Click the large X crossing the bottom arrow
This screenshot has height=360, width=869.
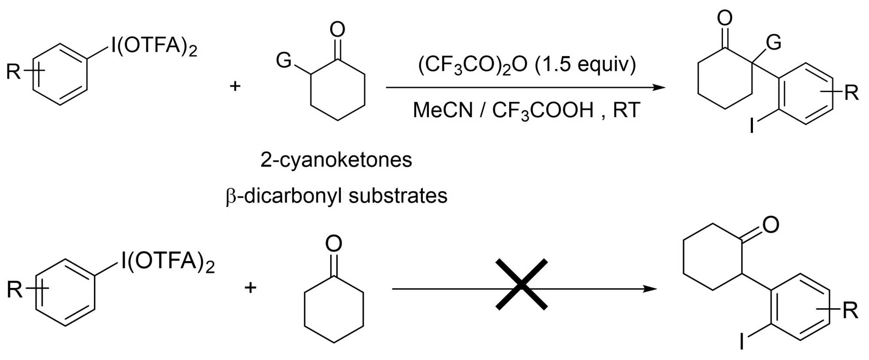pos(521,284)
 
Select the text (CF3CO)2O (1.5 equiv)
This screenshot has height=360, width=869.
pos(527,65)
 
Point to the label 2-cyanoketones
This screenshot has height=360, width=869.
pos(336,160)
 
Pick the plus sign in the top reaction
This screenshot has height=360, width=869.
pos(235,86)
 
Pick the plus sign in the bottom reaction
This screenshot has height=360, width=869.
pos(250,287)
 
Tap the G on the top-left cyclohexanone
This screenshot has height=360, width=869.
pos(283,60)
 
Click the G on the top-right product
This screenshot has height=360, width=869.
pos(773,43)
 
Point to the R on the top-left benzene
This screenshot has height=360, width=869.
pos(13,72)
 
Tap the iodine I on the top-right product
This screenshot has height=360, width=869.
pos(752,126)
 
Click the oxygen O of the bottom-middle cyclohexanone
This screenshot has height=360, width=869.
pos(334,244)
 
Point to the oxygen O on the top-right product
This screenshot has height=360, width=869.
pos(724,18)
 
